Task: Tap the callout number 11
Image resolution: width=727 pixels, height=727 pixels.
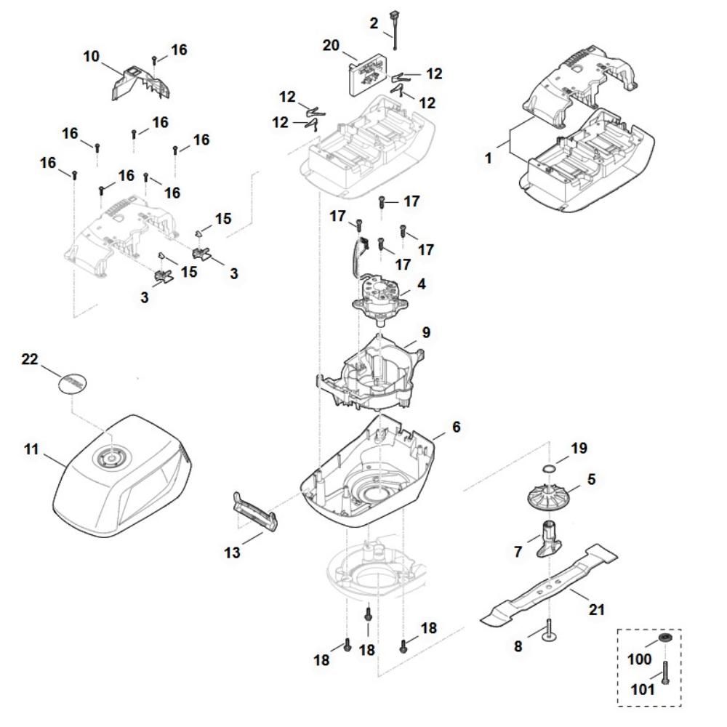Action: pos(31,450)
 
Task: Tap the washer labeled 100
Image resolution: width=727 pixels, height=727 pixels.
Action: pos(664,638)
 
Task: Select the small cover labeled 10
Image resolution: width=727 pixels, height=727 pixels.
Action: pos(140,82)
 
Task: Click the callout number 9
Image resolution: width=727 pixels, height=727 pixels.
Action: pos(426,332)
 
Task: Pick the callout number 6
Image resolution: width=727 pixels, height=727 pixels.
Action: pos(456,427)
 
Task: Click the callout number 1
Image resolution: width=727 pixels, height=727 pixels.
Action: pos(489,156)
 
